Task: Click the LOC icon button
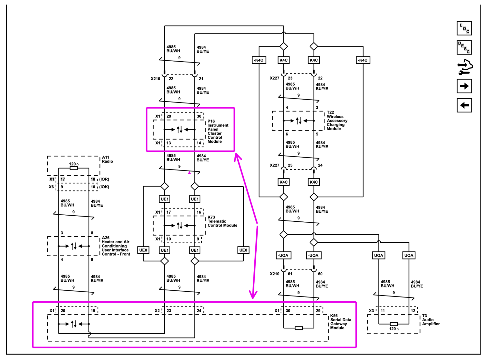tap(464, 28)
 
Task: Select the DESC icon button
tap(464, 47)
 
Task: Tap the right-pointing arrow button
tap(464, 86)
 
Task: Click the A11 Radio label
tap(107, 160)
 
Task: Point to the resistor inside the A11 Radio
tap(74, 168)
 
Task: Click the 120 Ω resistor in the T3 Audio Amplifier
tap(393, 324)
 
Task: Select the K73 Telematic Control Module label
tap(222, 221)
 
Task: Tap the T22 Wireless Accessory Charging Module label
tap(337, 120)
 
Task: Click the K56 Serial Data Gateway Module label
tap(341, 322)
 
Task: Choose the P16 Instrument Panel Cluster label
tap(218, 131)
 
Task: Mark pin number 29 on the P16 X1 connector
tap(169, 116)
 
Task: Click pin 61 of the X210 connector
tap(290, 274)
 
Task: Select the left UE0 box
tap(143, 250)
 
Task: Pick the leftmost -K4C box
tap(259, 60)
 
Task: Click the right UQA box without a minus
tap(409, 255)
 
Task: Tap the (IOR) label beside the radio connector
tap(104, 179)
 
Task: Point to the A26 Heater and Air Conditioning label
tap(116, 246)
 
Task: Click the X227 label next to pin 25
tap(274, 165)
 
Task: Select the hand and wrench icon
tap(465, 67)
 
